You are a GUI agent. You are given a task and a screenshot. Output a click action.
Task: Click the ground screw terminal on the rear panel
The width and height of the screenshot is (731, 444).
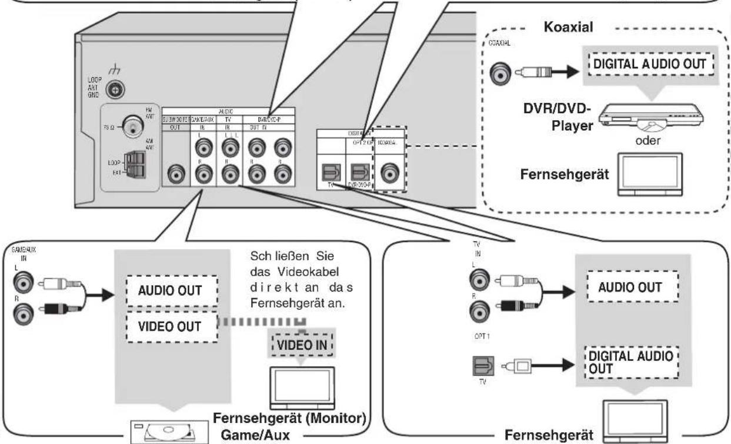click(x=111, y=89)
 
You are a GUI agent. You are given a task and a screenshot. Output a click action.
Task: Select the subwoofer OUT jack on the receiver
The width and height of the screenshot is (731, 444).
click(x=175, y=174)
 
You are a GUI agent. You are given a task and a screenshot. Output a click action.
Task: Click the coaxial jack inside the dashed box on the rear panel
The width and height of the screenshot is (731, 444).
click(x=388, y=174)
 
